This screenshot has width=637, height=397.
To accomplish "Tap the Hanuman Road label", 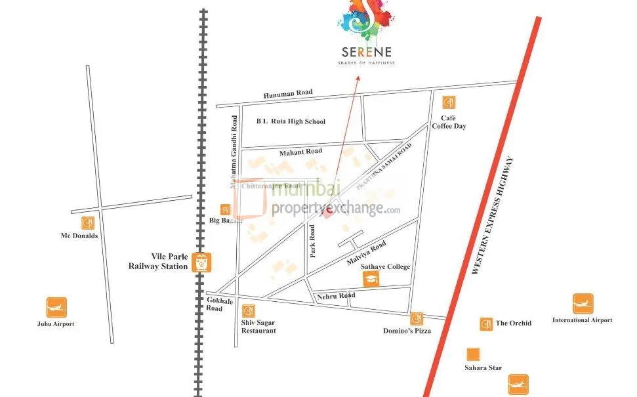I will [x=288, y=94].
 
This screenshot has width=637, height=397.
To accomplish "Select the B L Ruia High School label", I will [x=291, y=121].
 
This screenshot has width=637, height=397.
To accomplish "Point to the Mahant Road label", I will [x=300, y=152].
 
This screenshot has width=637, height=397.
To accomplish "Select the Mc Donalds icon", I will [x=87, y=223].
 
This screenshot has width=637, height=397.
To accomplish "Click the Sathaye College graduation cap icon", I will [x=372, y=280].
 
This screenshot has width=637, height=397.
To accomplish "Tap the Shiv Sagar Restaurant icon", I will [x=249, y=311].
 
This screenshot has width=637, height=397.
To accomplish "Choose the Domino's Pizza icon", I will [x=417, y=319].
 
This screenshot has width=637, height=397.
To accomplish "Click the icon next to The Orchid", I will [x=486, y=324].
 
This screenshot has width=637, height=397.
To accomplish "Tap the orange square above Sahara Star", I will [x=472, y=355].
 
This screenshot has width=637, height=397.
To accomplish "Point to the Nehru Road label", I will [x=336, y=295].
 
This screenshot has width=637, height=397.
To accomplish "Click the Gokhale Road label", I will [x=215, y=303].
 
